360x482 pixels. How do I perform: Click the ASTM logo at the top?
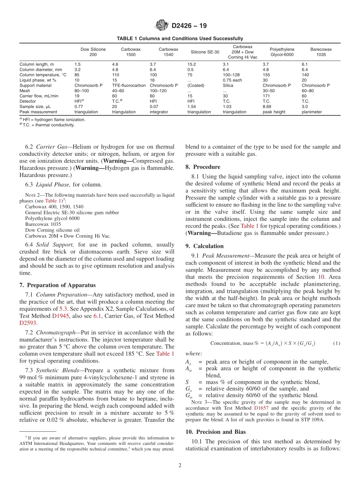[x=162, y=26]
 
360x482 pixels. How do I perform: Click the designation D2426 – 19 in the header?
[x=189, y=26]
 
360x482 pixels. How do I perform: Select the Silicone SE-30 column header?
[x=205, y=52]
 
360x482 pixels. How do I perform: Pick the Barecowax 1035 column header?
[x=321, y=52]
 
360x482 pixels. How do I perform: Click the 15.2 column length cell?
[x=191, y=64]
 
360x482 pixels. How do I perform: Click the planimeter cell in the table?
[x=311, y=112]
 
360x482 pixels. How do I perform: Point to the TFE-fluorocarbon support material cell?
[x=128, y=86]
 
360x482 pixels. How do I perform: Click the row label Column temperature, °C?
[x=43, y=75]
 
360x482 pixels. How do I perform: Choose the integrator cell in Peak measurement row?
[x=159, y=112]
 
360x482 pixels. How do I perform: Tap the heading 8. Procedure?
[x=203, y=167]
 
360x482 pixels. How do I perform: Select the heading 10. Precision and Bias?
[x=216, y=432]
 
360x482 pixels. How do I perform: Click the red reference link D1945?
[x=60, y=316]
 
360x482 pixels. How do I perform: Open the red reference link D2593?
[x=28, y=323]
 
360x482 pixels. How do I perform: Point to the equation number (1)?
[x=337, y=343]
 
